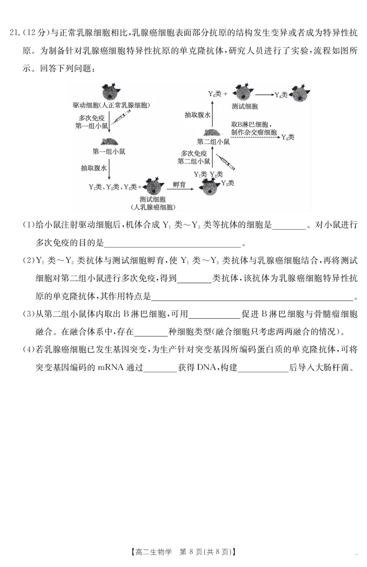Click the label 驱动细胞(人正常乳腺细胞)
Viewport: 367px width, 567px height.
[111, 106]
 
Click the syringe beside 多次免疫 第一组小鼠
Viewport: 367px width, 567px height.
[122, 119]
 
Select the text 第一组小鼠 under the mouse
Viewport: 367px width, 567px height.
[109, 151]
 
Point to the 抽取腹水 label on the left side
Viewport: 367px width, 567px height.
[94, 168]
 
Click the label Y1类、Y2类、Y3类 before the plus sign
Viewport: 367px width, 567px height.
[113, 187]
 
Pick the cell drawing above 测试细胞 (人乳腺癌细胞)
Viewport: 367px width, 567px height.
[154, 187]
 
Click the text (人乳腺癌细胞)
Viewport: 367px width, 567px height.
[153, 207]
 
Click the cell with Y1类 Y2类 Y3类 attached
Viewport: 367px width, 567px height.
[209, 188]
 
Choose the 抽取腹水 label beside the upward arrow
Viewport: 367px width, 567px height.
[197, 115]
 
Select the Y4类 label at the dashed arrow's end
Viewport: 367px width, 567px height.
[288, 137]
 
